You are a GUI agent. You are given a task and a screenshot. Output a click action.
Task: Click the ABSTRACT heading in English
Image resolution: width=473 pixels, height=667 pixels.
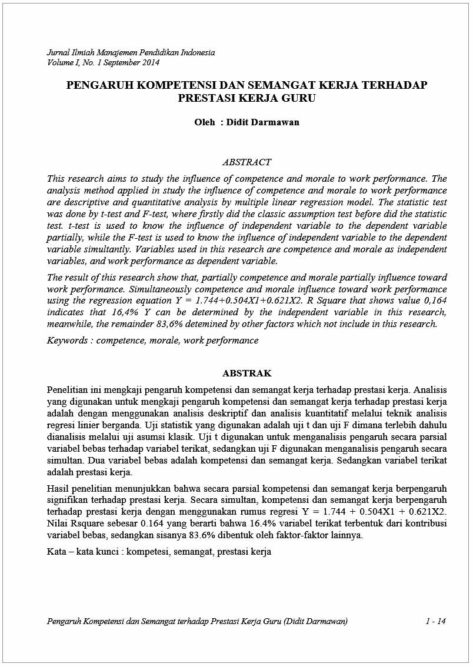click(x=247, y=162)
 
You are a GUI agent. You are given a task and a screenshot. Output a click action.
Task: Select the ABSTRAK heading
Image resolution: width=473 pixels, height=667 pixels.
click(x=247, y=373)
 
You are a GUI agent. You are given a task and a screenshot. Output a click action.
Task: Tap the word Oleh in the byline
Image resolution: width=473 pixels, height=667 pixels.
click(x=204, y=122)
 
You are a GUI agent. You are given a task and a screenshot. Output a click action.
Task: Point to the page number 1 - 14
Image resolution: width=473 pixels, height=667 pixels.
click(x=435, y=621)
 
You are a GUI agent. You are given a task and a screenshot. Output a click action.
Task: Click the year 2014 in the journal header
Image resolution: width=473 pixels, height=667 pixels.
click(x=150, y=62)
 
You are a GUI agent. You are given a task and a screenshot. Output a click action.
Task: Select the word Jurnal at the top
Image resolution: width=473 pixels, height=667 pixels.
click(x=58, y=52)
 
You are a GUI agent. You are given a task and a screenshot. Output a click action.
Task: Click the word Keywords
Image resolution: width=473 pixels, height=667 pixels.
click(x=68, y=341)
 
